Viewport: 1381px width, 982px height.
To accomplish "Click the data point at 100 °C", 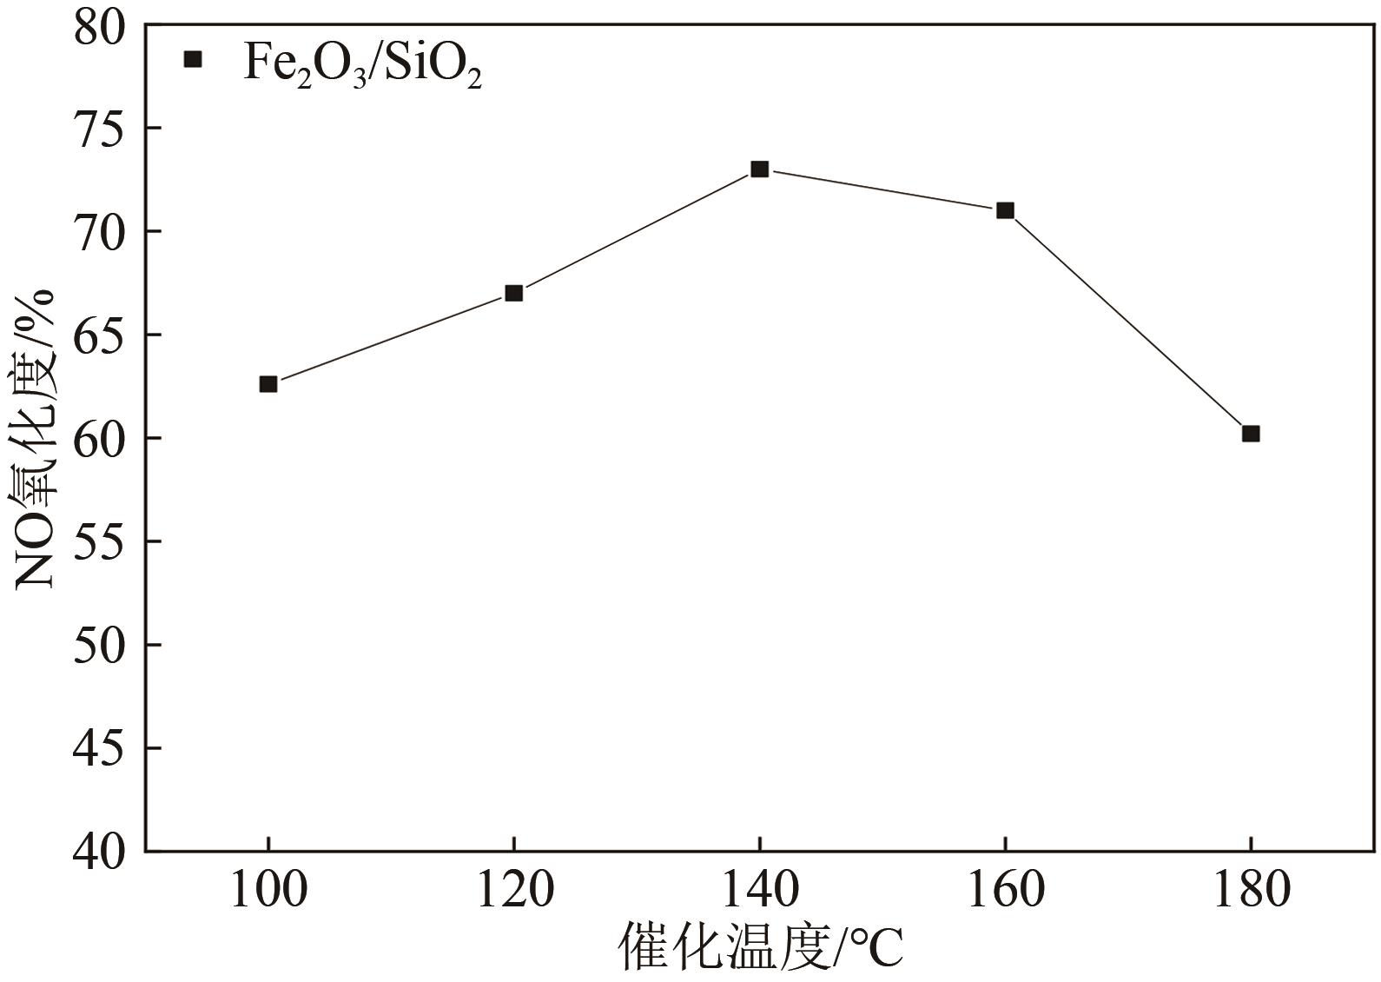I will tap(268, 384).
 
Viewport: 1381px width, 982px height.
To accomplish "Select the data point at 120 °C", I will tap(514, 293).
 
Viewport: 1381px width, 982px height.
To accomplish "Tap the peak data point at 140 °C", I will tap(760, 169).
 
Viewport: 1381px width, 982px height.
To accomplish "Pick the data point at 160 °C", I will tap(1005, 210).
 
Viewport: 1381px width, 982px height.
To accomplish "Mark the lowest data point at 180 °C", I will tap(1251, 434).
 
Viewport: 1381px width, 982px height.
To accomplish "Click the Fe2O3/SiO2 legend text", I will tap(361, 63).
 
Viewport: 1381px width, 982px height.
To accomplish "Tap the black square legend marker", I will tap(193, 59).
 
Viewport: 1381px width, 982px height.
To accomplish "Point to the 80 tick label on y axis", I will tap(98, 28).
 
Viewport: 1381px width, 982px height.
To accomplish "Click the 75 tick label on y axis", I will tap(98, 129).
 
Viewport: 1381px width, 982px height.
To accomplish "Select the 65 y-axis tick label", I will tap(98, 335).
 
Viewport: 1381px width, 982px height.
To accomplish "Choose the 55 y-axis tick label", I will tap(98, 541).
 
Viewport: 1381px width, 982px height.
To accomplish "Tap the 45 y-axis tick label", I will tap(98, 748).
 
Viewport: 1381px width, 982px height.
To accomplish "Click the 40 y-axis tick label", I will tap(98, 852).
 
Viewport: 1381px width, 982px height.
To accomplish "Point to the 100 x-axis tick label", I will tap(268, 890).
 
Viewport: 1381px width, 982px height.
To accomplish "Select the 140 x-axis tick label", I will tap(760, 890).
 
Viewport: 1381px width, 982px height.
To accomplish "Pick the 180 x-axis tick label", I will tap(1251, 890).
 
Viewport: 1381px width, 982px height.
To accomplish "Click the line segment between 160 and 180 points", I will tap(1128, 322).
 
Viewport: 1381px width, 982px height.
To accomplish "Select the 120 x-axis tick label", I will tap(514, 890).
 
